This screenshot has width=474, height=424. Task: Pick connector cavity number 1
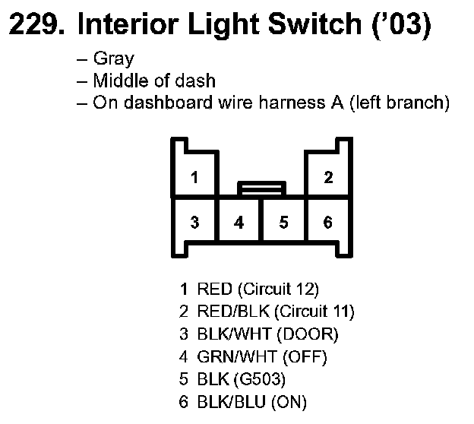coord(195,179)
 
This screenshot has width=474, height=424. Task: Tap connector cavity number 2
coord(328,179)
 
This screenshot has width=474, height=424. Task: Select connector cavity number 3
coord(195,223)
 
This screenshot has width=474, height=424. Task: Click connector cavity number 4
coord(239,223)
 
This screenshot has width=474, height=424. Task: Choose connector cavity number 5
coord(283,223)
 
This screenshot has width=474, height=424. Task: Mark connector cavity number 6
coord(328,223)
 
